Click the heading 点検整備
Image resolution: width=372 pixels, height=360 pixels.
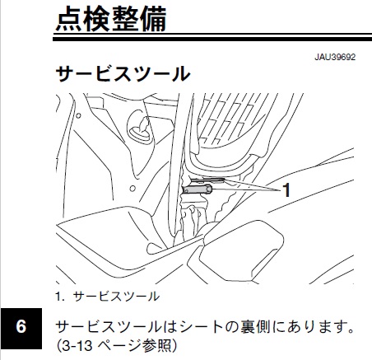[x=111, y=19]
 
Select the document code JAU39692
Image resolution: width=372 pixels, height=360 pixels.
[x=335, y=57]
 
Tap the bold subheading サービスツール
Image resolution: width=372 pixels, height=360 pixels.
[x=123, y=73]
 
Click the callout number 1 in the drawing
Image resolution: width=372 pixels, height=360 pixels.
[x=286, y=190]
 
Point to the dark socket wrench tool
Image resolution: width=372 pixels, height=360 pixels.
[x=198, y=189]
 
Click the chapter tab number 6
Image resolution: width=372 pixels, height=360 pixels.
[x=21, y=327]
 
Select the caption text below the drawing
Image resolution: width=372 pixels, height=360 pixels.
[x=107, y=297]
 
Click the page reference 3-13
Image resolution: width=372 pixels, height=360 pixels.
[x=77, y=345]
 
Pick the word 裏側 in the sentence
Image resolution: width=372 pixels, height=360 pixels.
[x=252, y=327]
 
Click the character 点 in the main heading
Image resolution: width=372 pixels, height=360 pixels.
[x=69, y=19]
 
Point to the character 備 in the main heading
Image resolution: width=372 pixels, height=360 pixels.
[x=153, y=19]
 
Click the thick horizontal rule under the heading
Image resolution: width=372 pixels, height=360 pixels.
[x=212, y=40]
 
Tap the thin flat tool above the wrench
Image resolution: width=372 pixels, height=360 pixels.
[x=207, y=180]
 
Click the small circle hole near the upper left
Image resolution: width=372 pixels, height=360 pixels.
[x=78, y=115]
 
